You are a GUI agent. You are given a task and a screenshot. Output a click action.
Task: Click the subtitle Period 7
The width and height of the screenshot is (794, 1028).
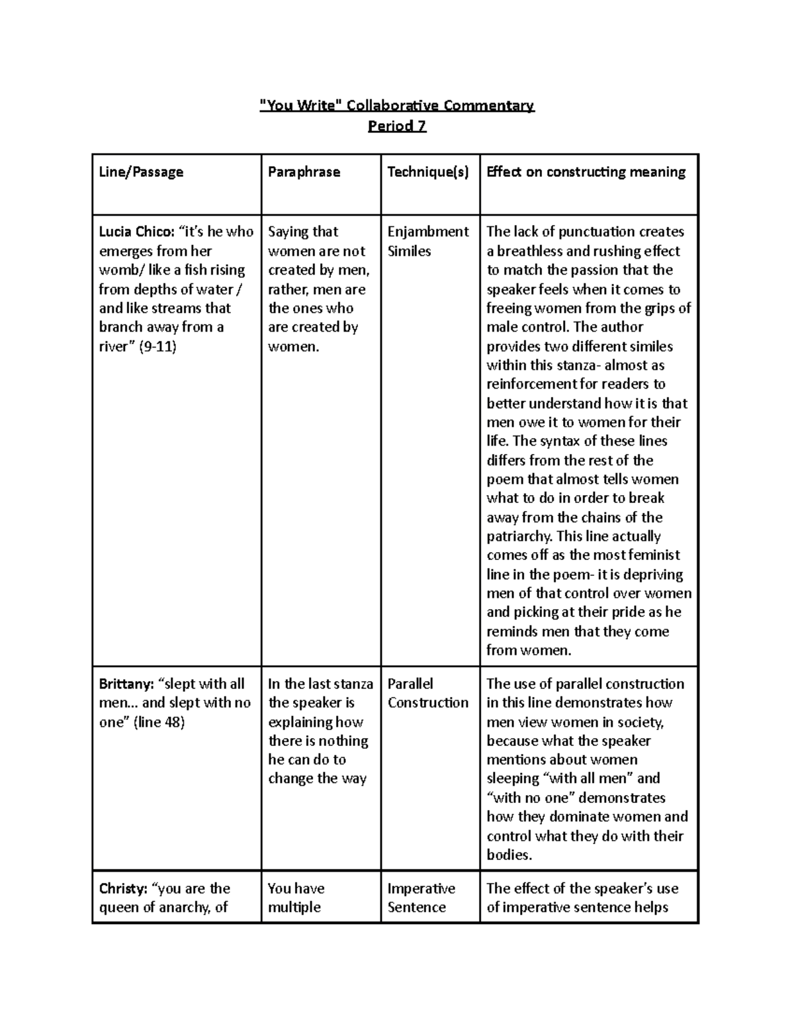coord(397,126)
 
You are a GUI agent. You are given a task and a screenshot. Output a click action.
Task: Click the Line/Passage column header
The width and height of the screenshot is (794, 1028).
coord(141,172)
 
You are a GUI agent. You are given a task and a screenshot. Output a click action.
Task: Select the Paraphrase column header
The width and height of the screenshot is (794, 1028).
coord(304,172)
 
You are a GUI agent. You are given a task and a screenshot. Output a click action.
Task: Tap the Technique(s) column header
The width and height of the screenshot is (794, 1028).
coord(428,172)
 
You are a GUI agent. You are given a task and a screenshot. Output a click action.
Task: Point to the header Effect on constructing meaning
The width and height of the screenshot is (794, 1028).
coord(586,172)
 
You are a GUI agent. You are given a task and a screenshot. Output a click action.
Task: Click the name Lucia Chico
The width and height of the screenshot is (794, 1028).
coord(136,232)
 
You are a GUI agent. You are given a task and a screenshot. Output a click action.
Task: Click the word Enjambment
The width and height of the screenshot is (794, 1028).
coord(428,232)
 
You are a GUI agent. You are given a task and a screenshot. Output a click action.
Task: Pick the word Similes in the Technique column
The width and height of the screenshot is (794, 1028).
coord(409,251)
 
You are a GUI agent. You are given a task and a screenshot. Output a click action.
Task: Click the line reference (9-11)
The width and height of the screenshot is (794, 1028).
coord(157,346)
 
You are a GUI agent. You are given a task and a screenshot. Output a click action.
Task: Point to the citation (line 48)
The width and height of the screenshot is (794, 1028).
coord(159,722)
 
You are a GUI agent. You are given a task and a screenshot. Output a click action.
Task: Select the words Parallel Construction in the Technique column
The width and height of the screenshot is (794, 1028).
coord(427,693)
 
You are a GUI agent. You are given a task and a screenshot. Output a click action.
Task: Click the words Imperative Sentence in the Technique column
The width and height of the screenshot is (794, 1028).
coord(421,898)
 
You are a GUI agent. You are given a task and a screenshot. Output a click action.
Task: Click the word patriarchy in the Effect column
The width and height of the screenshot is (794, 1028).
coord(520,536)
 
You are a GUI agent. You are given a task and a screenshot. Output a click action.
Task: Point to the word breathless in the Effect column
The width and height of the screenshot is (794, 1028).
coord(529,251)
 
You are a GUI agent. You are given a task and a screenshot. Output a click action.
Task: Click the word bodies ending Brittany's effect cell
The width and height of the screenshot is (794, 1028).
coord(508,855)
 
